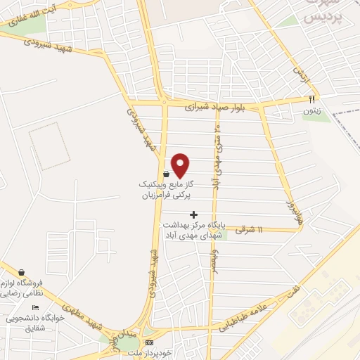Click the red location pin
[181, 166]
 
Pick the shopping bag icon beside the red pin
[166, 174]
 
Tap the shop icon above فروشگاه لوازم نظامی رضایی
[22, 272]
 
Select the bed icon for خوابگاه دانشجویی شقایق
[35, 308]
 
